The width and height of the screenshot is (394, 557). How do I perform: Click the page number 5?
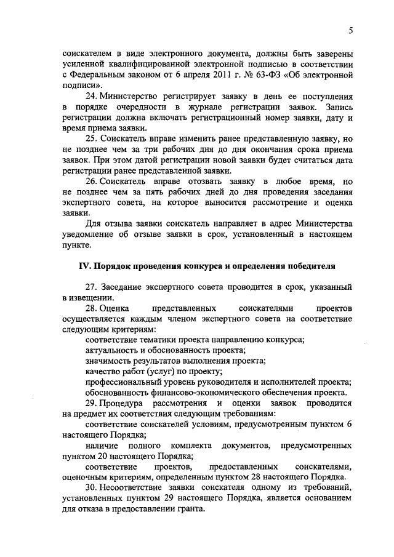(x=350, y=31)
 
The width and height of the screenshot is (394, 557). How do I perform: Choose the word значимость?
(x=108, y=361)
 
